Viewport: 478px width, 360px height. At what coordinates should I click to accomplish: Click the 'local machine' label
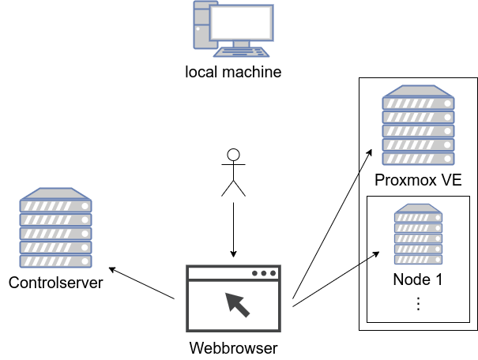(233, 72)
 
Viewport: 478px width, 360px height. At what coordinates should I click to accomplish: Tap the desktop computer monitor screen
(241, 23)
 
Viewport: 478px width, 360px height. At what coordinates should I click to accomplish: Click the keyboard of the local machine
(241, 52)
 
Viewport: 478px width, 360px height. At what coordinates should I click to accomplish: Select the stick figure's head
(234, 155)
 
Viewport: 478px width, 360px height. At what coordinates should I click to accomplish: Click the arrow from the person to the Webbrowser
(234, 230)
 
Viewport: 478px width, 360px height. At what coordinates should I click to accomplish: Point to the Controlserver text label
(56, 283)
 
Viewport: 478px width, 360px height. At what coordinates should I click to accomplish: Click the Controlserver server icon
(55, 228)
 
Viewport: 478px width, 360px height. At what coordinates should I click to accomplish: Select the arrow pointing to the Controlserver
(141, 283)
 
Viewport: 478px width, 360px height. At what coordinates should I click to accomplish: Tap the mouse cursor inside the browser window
(237, 305)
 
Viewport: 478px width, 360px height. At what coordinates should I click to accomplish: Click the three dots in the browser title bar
(264, 273)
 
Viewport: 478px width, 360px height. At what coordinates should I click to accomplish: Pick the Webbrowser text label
(233, 348)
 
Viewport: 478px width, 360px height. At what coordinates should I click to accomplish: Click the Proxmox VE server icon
(418, 126)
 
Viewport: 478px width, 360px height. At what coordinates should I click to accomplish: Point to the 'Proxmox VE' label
(418, 180)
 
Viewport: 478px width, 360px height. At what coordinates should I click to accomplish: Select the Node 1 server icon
(418, 234)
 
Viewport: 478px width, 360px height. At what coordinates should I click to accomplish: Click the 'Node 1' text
(418, 279)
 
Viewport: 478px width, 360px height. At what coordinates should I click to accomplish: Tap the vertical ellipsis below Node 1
(418, 304)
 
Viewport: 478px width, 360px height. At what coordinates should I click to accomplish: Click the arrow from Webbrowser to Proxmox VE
(333, 224)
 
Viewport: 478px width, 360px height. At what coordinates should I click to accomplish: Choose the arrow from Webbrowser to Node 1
(336, 279)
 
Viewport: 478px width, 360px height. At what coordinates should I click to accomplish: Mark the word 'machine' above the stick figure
(252, 72)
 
